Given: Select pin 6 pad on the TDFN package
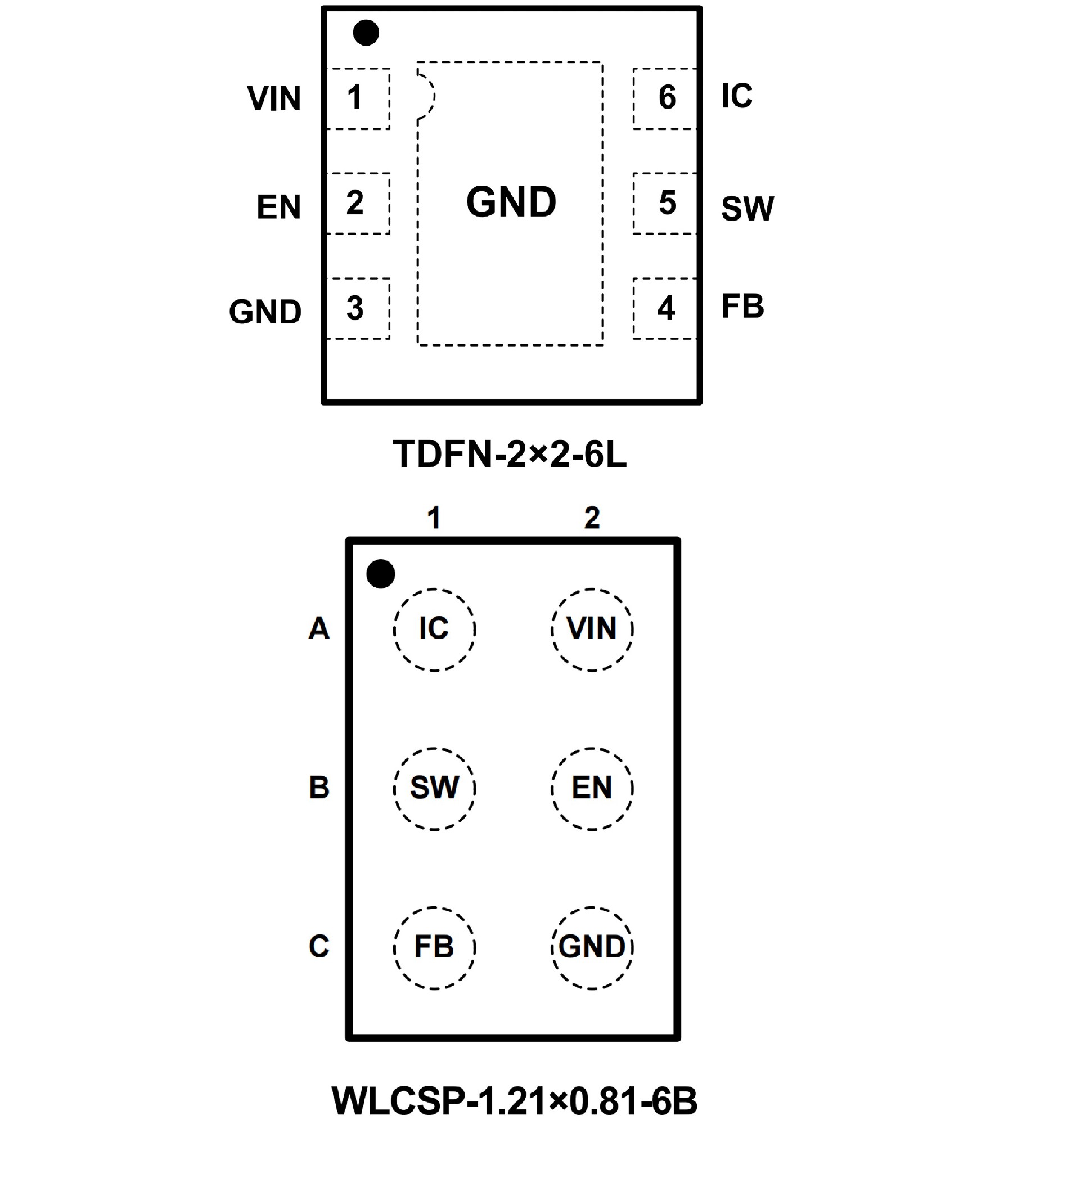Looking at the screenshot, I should tap(665, 98).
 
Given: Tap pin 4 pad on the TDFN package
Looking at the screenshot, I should tap(665, 308).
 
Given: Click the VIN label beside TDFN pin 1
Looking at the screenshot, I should tap(274, 98).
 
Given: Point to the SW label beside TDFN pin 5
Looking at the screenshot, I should tap(748, 209).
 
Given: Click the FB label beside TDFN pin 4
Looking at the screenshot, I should tap(742, 307).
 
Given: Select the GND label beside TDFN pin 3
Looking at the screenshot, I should tap(265, 312).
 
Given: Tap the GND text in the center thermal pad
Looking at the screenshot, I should tap(511, 202).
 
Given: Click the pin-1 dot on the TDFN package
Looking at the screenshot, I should tap(366, 33).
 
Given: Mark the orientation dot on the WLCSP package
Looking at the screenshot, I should tap(380, 573).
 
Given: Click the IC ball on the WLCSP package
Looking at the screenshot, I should tap(434, 630).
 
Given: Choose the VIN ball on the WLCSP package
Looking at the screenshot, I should tap(592, 630).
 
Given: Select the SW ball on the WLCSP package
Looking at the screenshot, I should tap(434, 789).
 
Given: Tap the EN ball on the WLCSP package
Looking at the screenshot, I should tap(592, 789).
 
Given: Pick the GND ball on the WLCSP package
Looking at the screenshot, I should tap(592, 947).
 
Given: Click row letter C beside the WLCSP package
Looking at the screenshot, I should tap(319, 947).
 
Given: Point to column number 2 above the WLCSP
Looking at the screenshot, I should tap(592, 518).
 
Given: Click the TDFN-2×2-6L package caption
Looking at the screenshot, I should tap(510, 455).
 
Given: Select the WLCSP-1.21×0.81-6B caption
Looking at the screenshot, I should tap(514, 1101).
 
